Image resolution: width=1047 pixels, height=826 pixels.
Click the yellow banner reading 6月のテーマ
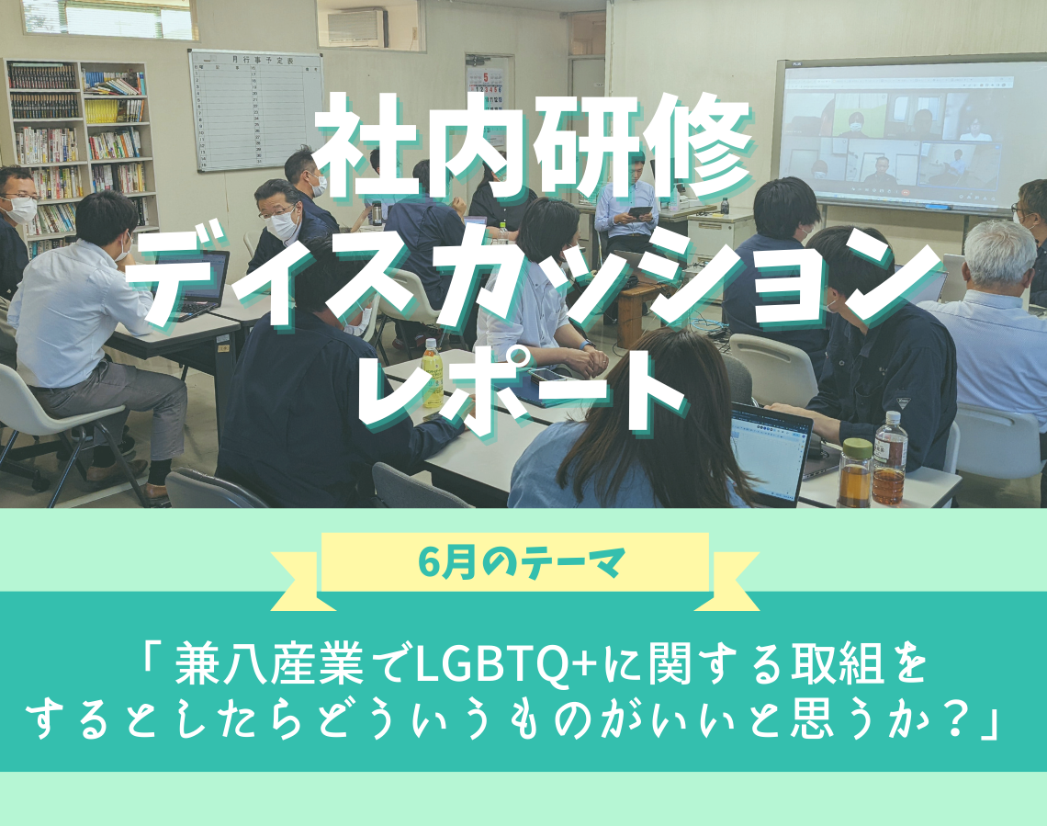click(x=515, y=562)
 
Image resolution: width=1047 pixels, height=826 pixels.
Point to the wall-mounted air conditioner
click(x=357, y=28)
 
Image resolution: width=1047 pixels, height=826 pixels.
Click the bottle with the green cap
click(x=855, y=473)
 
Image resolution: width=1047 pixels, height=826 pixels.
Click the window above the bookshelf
click(x=109, y=18)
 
